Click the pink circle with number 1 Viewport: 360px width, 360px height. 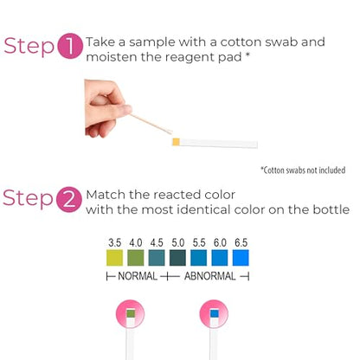tap(70, 46)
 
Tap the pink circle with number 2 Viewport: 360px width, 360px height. tap(69, 200)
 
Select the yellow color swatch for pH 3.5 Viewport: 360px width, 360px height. tap(114, 258)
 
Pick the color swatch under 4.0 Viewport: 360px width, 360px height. tap(136, 258)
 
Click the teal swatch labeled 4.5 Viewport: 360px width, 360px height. tap(157, 258)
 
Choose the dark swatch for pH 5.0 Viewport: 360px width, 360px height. tap(177, 258)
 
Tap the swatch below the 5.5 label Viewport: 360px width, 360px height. tap(199, 258)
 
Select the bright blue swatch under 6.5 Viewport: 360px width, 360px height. tap(241, 258)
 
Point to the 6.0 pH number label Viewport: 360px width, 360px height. tap(220, 242)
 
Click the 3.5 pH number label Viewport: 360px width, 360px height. tap(114, 242)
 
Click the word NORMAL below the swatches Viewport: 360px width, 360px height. tap(138, 276)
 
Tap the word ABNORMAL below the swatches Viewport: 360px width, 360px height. tap(210, 276)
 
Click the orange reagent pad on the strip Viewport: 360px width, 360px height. tap(176, 142)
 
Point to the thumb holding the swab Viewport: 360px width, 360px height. tap(121, 110)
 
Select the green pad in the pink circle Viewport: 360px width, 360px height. tap(131, 313)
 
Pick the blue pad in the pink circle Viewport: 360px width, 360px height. tap(215, 313)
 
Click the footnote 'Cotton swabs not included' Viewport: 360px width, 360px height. tap(303, 170)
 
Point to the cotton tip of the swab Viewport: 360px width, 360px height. tap(168, 132)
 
